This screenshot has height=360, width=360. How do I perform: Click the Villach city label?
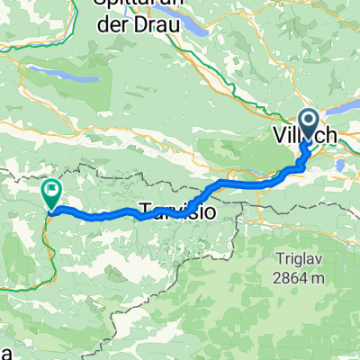(305, 135)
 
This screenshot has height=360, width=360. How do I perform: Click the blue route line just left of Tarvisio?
(126, 217)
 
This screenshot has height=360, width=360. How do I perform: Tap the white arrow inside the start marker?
(308, 120)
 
